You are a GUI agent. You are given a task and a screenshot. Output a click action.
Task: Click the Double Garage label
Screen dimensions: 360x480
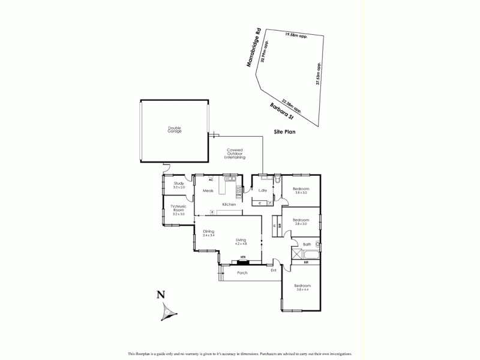coord(175,129)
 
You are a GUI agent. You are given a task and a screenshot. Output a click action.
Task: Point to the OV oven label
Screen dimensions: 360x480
coord(238,196)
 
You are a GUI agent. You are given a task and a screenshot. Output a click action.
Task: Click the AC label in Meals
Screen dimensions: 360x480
coord(211,179)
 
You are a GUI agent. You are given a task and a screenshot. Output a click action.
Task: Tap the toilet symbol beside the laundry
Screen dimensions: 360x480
coord(277,179)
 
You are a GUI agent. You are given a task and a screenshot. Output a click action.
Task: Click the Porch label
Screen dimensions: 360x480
coord(242,272)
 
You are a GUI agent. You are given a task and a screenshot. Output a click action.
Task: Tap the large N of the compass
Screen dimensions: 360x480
coord(160,294)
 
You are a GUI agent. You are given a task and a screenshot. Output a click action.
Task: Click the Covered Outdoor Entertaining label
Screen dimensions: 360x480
coord(235,154)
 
